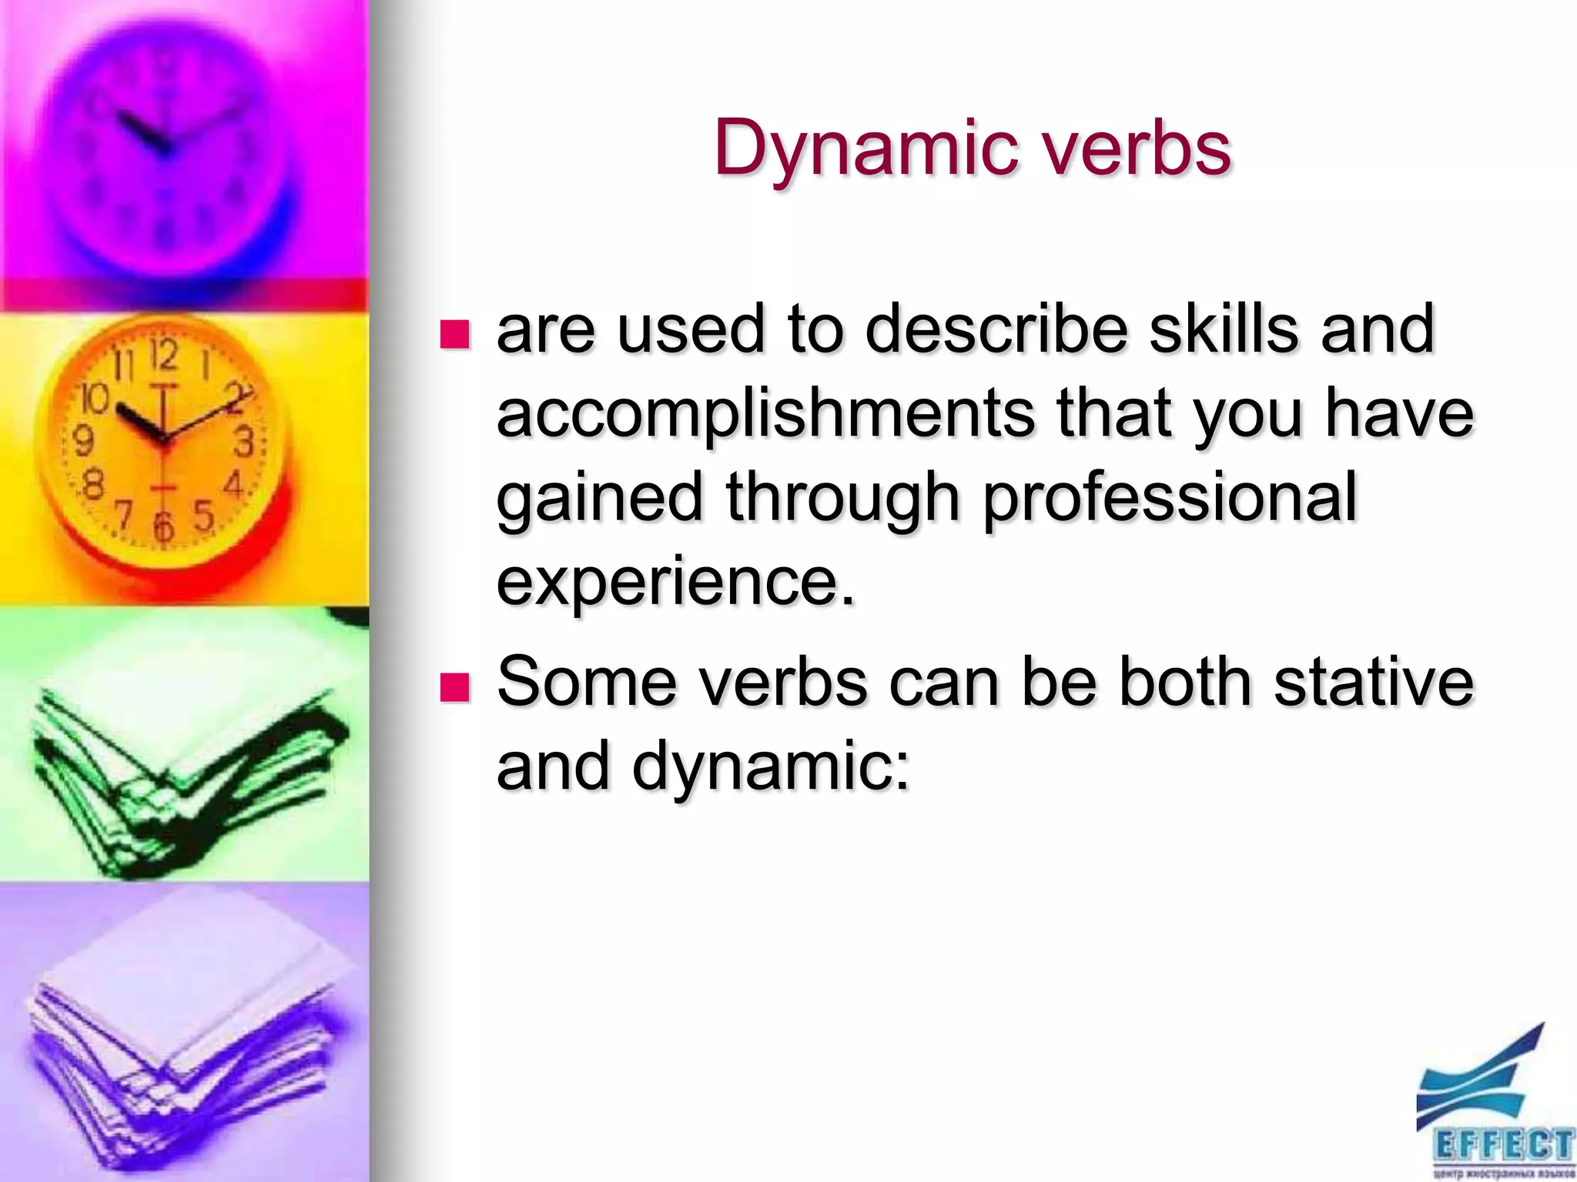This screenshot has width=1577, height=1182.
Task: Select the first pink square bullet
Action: tap(454, 335)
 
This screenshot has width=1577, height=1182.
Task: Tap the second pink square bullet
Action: tap(454, 687)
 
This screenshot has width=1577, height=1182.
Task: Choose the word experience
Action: tap(676, 581)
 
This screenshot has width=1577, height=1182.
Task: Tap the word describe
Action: tap(997, 329)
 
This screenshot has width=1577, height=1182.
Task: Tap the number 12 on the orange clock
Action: tap(164, 355)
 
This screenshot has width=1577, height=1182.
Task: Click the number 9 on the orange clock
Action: tap(82, 441)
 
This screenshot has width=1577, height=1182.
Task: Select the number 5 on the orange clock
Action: tap(203, 515)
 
